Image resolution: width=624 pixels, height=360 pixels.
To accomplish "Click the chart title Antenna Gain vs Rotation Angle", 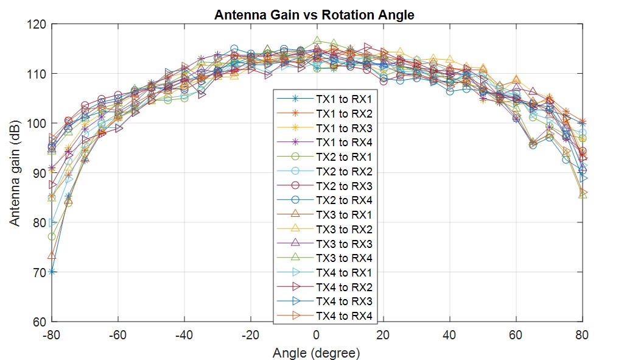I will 314,15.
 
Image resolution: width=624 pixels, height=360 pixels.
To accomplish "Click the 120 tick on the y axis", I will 37,24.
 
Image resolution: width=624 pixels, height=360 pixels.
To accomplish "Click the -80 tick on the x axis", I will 52,334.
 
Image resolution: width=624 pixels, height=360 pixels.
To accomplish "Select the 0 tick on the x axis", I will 317,334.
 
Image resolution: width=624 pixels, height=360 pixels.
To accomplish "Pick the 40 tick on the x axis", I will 449,334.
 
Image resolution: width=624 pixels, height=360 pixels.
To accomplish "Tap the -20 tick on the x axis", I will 250,334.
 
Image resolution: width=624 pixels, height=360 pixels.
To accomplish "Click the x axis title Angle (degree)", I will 316,352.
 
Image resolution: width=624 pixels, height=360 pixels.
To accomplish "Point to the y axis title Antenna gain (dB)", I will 15,173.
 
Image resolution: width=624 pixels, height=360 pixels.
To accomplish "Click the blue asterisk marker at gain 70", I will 52,272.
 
